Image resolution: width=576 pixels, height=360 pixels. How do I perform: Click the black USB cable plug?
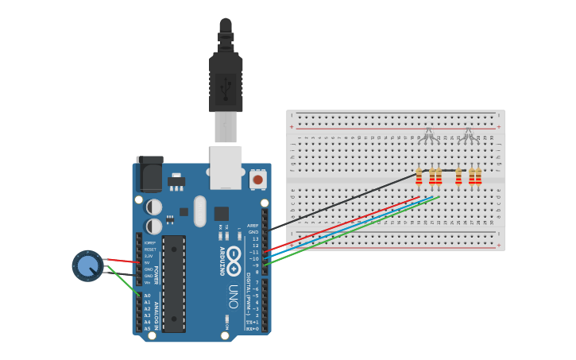point(226,79)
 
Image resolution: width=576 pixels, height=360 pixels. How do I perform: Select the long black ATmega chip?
point(174,283)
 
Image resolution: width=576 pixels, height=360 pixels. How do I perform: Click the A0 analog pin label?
point(147,296)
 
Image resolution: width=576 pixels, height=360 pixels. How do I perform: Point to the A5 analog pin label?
point(147,328)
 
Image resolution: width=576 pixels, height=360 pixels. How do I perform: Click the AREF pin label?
point(253,226)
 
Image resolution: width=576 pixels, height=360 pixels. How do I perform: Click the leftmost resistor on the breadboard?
point(419,176)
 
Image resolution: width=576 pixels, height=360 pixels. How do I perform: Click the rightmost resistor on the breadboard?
point(478,176)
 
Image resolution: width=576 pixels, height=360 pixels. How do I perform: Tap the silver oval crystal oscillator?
point(199,211)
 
